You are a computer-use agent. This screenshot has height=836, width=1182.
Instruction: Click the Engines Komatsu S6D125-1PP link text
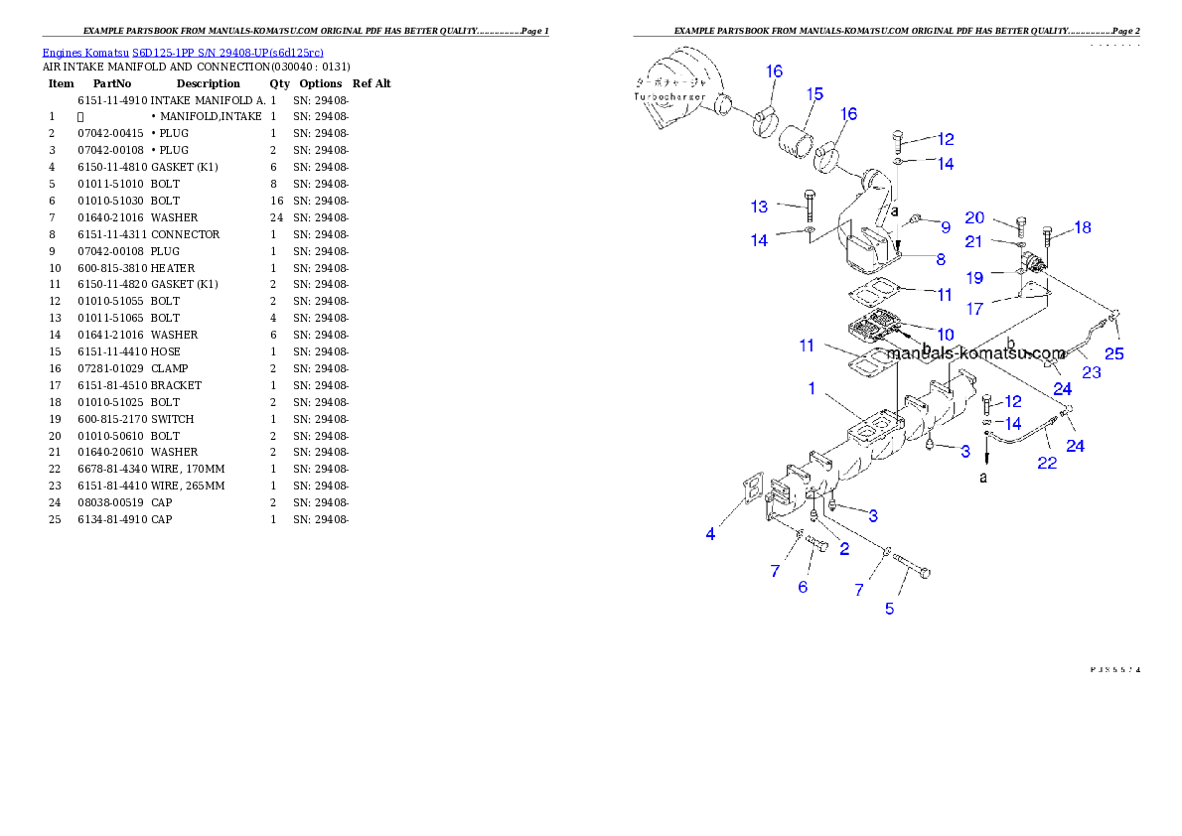[183, 52]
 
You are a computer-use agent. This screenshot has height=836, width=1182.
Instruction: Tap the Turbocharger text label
[669, 96]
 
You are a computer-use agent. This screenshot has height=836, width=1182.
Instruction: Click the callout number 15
[814, 94]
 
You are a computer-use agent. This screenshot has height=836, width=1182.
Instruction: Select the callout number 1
[812, 388]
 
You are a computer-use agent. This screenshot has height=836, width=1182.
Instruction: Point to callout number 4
[710, 534]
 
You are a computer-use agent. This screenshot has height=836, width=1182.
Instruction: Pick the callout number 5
[889, 608]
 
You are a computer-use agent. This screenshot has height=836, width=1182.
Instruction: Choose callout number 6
[803, 587]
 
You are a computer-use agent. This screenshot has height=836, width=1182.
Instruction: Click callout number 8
[941, 259]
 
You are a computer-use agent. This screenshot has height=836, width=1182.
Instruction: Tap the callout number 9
[946, 227]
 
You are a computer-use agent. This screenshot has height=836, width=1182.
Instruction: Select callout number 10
[945, 334]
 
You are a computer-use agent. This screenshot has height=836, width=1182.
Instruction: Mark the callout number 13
[760, 207]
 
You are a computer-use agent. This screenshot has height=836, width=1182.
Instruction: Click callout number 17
[974, 309]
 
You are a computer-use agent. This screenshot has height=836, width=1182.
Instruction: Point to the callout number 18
[1082, 227]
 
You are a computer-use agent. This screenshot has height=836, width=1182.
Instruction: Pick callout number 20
[974, 217]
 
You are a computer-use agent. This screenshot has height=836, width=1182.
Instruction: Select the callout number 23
[1092, 372]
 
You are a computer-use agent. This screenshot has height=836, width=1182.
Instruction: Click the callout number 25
[1114, 352]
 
